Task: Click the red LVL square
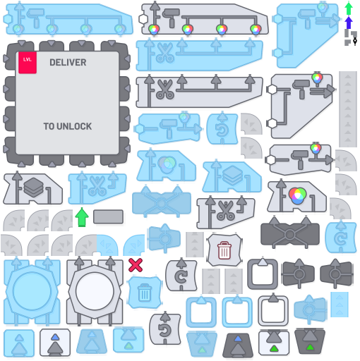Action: coord(28,63)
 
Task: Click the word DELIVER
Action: coord(68,63)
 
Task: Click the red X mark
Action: coord(136,265)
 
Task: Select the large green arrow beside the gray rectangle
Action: coord(82,217)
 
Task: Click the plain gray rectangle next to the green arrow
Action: coord(108,216)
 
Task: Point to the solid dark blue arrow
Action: coord(349,23)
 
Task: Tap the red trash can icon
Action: coord(224,250)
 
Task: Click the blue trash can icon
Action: coord(145,292)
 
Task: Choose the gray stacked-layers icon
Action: coord(34,188)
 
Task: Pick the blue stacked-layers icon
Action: coord(232,176)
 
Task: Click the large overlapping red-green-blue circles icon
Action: coord(297,196)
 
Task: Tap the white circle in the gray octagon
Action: coord(95,291)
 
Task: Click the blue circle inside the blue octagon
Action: coord(32,291)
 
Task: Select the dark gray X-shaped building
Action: coord(290,233)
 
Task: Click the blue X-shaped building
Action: coord(162,202)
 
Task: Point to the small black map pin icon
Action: coord(355,42)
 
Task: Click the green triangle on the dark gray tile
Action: coord(310,347)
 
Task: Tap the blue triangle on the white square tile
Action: coord(55,337)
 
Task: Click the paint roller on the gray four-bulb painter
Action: coord(171,17)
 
